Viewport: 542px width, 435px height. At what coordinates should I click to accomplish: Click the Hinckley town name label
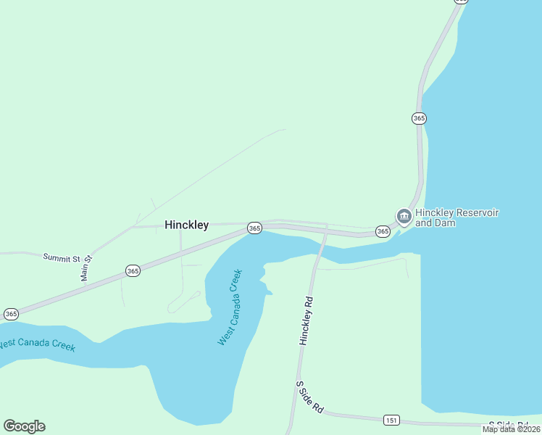point(186,225)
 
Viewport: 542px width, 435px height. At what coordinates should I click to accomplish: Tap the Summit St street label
point(61,257)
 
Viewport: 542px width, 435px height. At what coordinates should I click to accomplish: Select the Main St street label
point(86,268)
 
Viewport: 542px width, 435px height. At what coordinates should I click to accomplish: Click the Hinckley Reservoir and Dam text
point(457,217)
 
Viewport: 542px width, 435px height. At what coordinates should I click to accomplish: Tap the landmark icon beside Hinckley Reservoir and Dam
point(403,216)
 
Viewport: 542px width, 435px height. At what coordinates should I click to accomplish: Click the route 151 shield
point(391,420)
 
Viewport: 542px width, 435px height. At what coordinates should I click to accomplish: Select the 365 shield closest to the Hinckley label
point(254,228)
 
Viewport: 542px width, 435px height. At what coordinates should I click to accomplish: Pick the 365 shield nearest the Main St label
point(132,270)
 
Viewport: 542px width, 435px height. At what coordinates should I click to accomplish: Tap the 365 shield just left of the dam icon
point(383,231)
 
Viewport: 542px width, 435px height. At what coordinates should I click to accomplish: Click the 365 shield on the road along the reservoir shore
point(419,117)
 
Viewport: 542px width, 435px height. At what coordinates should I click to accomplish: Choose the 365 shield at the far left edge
point(10,314)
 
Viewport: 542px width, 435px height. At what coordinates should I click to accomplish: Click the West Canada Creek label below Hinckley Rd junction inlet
point(230,307)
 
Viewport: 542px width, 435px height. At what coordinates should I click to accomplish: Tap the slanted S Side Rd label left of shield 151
point(309,397)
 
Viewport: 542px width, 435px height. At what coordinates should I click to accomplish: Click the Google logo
point(24,426)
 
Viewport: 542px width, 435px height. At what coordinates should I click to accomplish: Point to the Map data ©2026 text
point(512,429)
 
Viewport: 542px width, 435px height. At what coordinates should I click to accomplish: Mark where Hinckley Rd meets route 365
point(325,233)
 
